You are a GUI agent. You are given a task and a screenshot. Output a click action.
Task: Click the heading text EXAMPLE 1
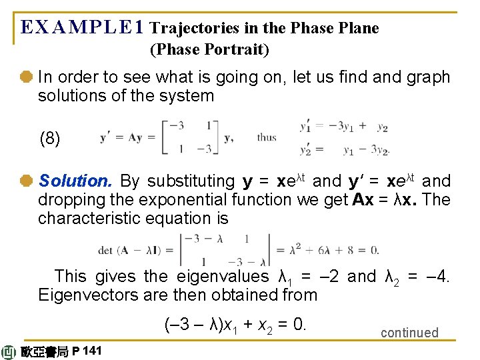82,27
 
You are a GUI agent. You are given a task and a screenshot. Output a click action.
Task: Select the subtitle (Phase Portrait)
210,49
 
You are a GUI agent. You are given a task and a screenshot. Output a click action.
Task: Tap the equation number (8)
50,139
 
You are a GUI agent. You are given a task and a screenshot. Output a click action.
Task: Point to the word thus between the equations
267,138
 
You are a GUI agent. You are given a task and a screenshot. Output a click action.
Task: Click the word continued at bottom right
409,333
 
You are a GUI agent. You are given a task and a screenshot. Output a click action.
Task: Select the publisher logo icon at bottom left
9,352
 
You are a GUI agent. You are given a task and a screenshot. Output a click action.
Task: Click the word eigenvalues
221,276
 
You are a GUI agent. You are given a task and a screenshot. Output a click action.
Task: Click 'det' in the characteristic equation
105,251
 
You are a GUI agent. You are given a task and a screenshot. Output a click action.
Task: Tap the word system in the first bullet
187,96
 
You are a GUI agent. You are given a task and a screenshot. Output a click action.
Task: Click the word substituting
190,181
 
